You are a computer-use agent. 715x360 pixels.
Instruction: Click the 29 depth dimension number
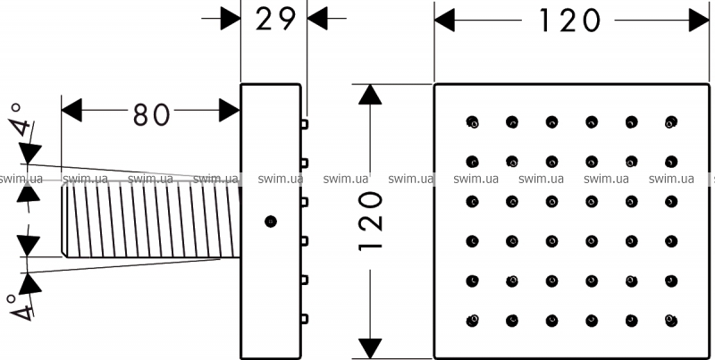click(x=275, y=19)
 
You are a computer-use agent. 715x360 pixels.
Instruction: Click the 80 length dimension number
click(x=151, y=114)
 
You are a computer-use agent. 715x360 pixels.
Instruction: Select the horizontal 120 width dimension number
click(x=568, y=20)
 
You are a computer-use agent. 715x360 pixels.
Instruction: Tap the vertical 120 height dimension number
click(x=370, y=221)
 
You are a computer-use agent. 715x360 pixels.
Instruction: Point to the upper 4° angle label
click(x=21, y=120)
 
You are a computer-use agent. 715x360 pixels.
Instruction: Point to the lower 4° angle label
click(x=21, y=306)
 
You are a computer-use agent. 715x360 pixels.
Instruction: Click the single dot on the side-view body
click(x=271, y=221)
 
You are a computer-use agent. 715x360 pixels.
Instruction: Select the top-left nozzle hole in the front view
click(x=473, y=121)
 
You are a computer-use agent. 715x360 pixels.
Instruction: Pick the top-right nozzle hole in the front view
click(x=671, y=121)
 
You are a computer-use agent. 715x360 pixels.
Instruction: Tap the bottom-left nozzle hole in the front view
click(x=473, y=321)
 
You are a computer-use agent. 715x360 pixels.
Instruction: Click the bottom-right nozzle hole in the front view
click(x=671, y=321)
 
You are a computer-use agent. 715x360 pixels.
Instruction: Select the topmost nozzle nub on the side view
click(x=304, y=124)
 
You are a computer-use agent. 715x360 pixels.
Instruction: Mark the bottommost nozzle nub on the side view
click(x=304, y=319)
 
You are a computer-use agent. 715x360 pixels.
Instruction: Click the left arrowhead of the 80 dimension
click(x=71, y=110)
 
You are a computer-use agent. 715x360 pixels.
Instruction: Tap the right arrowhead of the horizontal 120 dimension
click(x=699, y=20)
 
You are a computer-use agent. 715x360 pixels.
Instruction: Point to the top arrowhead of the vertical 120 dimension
click(x=370, y=95)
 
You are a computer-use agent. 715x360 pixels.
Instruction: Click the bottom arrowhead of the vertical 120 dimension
click(x=370, y=348)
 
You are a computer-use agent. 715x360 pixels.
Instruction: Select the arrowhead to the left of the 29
click(x=231, y=19)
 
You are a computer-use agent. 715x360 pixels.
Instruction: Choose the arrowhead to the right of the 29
click(x=318, y=19)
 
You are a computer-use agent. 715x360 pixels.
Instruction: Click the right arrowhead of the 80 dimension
click(x=230, y=110)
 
